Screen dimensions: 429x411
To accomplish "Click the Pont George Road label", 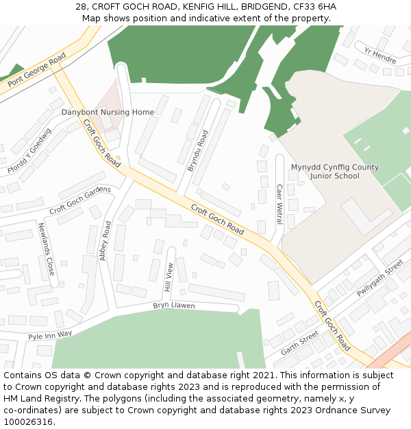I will pos(37,69).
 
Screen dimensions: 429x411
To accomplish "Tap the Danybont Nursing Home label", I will pos(108,112).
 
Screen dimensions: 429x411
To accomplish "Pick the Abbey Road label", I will pos(105,240).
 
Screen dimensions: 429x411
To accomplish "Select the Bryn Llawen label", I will pos(173,305).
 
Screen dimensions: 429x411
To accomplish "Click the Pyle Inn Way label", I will pos(50,335).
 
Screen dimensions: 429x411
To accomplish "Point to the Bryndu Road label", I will pos(197,150).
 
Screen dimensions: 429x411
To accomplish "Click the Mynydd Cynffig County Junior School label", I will pos(335,172).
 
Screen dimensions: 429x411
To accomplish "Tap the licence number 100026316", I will pos(27,421).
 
